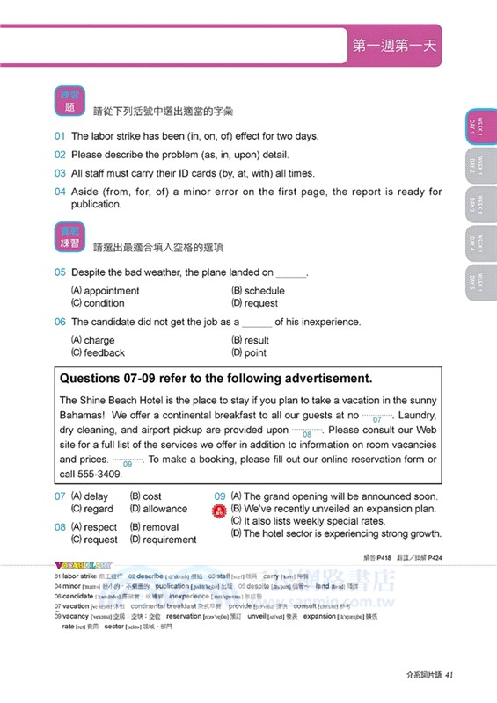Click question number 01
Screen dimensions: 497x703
(x=60, y=136)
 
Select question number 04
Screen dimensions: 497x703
(x=60, y=192)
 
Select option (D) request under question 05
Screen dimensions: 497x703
(x=254, y=303)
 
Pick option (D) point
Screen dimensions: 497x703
(x=249, y=352)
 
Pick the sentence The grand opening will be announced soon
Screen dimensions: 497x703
(x=334, y=496)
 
